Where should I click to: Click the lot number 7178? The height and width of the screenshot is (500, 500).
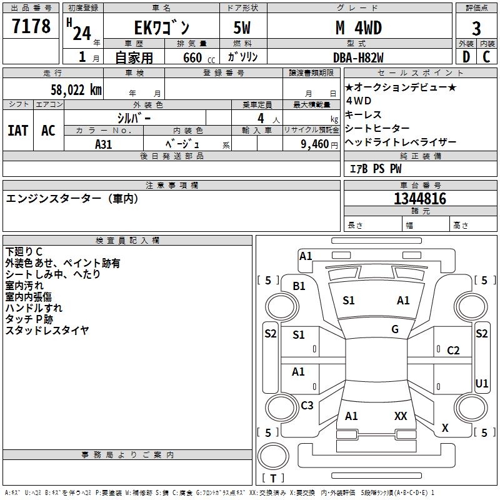(31, 27)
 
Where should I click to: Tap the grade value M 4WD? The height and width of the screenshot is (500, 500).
(359, 27)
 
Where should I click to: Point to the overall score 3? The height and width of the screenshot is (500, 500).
(476, 29)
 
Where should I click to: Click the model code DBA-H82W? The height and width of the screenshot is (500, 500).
(359, 57)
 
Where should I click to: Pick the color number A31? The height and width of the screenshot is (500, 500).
(104, 144)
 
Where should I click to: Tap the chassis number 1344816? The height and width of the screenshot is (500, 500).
(420, 199)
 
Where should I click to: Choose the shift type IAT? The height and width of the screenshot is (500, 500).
(18, 131)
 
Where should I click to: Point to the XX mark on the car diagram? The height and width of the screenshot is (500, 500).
(401, 416)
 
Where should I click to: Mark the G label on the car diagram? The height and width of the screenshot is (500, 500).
(395, 329)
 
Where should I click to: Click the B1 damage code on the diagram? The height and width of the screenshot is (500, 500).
(299, 286)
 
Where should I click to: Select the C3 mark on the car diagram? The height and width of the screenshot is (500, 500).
(307, 406)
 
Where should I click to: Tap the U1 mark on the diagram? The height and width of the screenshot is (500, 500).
(482, 383)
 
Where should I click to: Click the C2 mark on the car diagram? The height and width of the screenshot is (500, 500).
(453, 351)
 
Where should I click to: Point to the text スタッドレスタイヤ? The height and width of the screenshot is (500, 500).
(47, 331)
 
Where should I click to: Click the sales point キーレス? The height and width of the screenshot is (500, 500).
(363, 114)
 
